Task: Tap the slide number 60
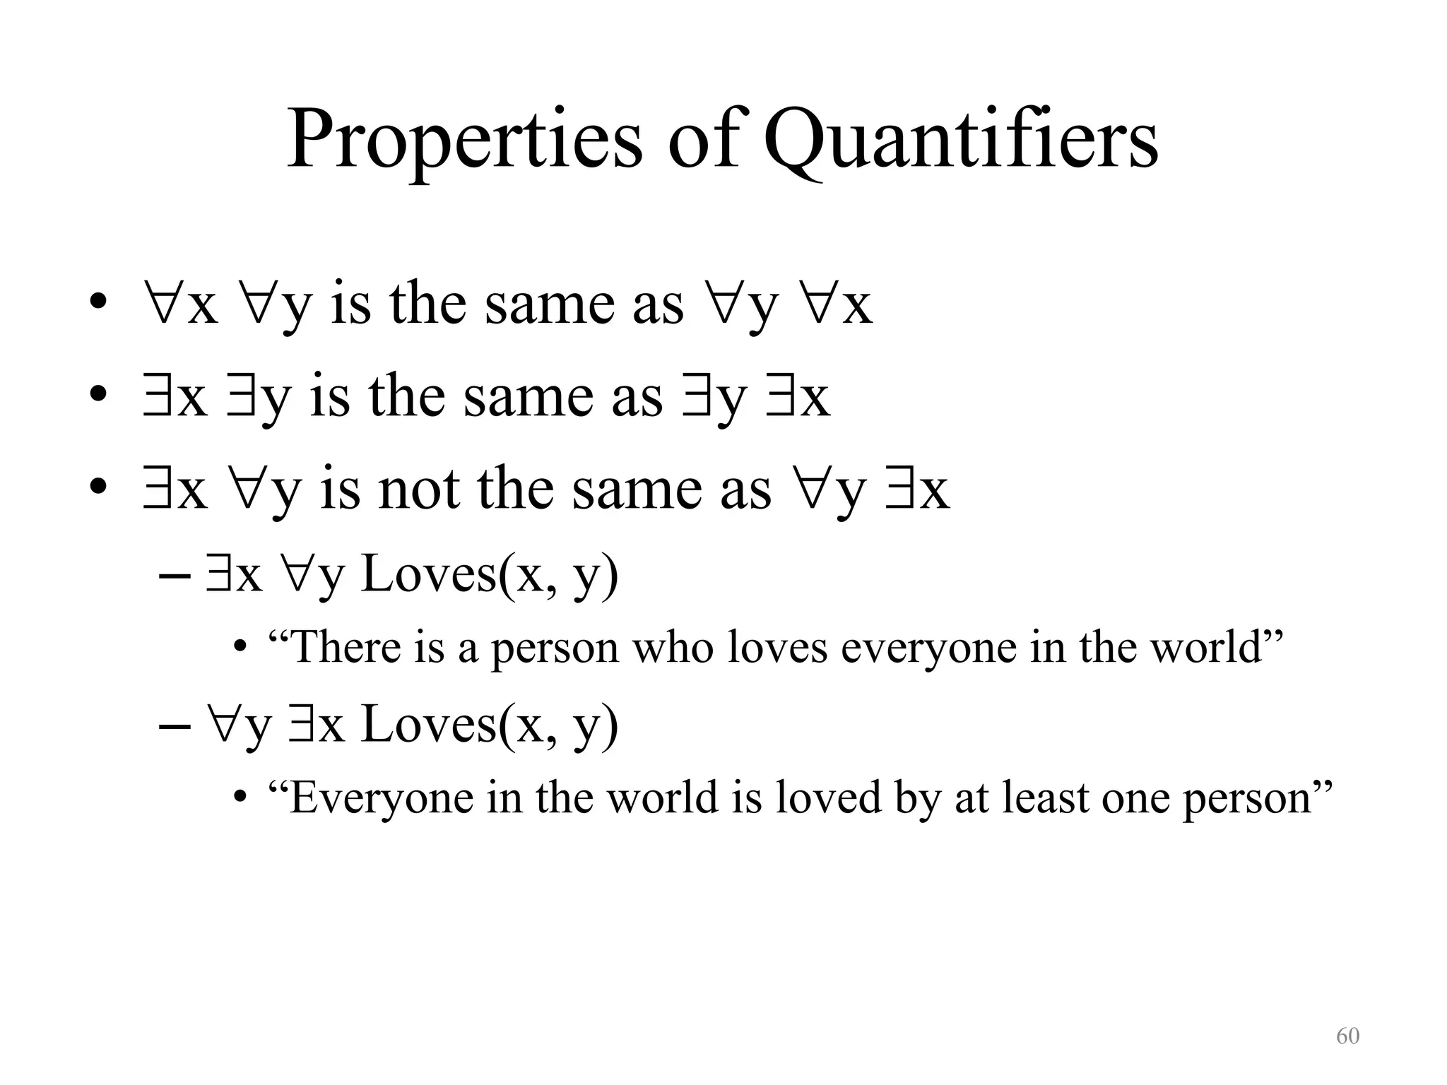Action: (x=1347, y=1036)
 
